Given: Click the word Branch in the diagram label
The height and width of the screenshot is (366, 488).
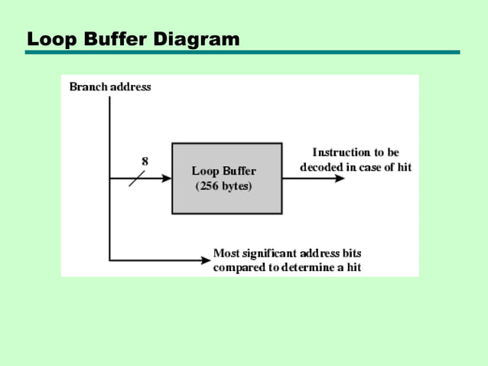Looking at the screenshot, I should [x=88, y=87].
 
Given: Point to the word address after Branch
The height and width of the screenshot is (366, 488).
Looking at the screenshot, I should [x=130, y=87].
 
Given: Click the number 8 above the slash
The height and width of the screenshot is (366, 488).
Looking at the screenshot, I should [x=145, y=161].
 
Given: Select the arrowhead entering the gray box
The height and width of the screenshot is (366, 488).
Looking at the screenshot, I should [x=166, y=178].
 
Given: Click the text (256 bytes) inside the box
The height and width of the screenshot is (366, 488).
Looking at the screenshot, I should [x=223, y=187].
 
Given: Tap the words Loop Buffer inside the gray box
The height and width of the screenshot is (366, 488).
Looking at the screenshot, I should [x=223, y=172].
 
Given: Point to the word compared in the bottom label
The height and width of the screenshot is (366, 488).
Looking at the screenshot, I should [x=238, y=267].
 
